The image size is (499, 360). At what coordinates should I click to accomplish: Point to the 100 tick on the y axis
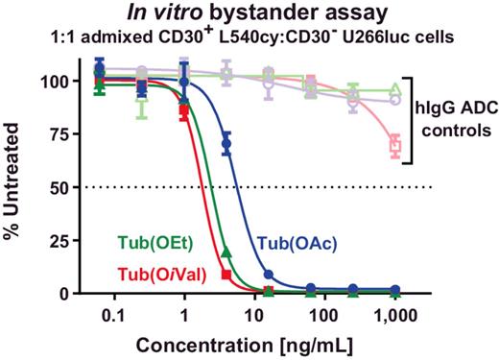59,82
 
